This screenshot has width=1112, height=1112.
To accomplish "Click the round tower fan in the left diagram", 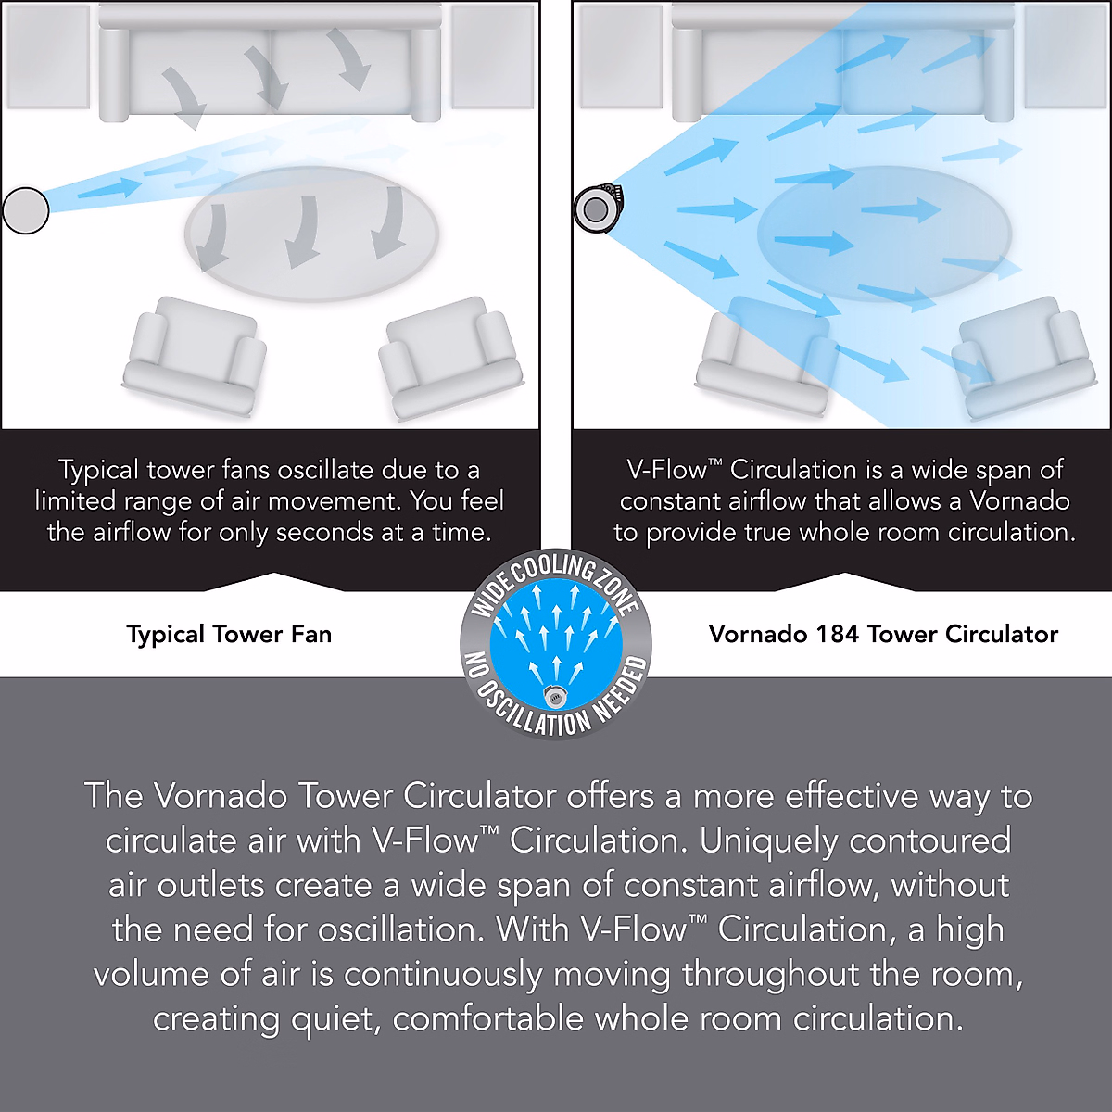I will pos(26,210).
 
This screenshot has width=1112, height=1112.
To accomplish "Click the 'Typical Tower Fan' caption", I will pos(229,635).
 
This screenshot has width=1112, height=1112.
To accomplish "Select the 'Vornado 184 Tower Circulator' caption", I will pos(883,635).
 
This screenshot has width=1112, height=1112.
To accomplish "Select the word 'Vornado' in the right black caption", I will pos(1019,501).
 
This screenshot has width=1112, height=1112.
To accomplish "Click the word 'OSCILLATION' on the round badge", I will pos(534,714).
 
